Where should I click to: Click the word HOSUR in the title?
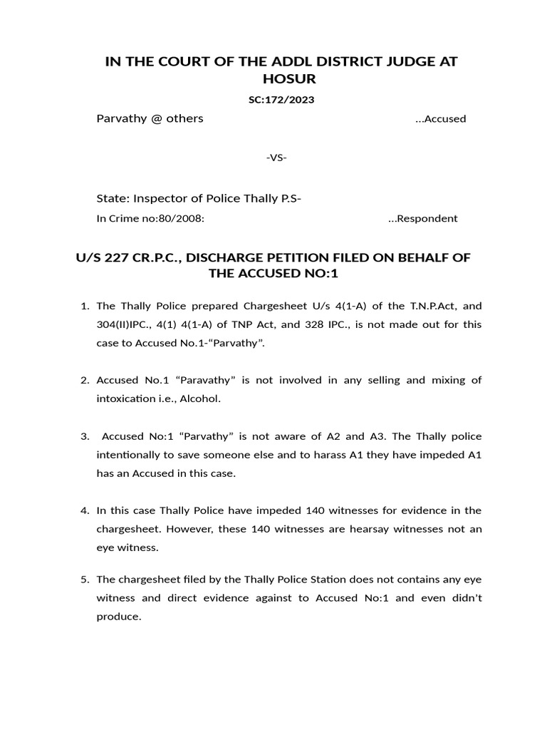pyautogui.click(x=281, y=79)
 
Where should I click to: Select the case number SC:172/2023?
pyautogui.click(x=281, y=100)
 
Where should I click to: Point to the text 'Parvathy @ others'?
pyautogui.click(x=150, y=118)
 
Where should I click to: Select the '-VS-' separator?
pyautogui.click(x=276, y=158)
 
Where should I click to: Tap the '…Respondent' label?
pyautogui.click(x=422, y=219)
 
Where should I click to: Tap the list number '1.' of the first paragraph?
pyautogui.click(x=84, y=307)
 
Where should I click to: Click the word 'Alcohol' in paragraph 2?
pyautogui.click(x=200, y=399)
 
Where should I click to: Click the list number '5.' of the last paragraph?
pyautogui.click(x=84, y=580)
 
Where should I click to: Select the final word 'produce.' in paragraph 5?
pyautogui.click(x=119, y=616)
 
